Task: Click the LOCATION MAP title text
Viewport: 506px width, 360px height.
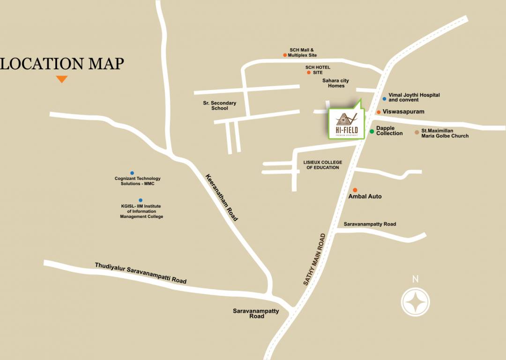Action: pyautogui.click(x=62, y=63)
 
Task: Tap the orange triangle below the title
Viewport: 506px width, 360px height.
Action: pyautogui.click(x=62, y=79)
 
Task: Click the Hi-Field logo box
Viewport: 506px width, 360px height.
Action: pyautogui.click(x=346, y=123)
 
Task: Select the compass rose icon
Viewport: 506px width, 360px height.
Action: pyautogui.click(x=416, y=302)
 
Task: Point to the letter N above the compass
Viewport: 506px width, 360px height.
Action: pyautogui.click(x=415, y=279)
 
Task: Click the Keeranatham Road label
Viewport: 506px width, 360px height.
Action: pyautogui.click(x=222, y=197)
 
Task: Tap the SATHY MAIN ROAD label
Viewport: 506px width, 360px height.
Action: pyautogui.click(x=314, y=259)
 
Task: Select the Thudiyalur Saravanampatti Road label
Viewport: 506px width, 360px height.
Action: pyautogui.click(x=141, y=273)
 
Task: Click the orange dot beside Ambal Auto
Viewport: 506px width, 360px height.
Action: pyautogui.click(x=355, y=190)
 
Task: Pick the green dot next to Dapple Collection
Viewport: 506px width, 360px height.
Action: pyautogui.click(x=372, y=131)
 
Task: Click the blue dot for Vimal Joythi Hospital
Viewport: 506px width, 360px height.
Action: pyautogui.click(x=384, y=99)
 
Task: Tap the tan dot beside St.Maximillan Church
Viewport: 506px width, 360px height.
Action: pyautogui.click(x=417, y=133)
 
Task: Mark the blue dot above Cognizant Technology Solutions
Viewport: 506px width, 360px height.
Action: pyautogui.click(x=132, y=173)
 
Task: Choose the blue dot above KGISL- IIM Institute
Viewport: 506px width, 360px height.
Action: pyautogui.click(x=140, y=200)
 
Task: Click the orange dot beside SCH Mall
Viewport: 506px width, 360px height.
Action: pyautogui.click(x=285, y=55)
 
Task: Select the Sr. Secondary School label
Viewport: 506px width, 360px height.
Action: pyautogui.click(x=219, y=105)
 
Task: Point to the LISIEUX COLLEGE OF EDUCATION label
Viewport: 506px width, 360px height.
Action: pyautogui.click(x=322, y=165)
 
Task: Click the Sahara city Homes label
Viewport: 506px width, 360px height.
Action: pyautogui.click(x=336, y=83)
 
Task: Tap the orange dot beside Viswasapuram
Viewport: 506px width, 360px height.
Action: pyautogui.click(x=379, y=112)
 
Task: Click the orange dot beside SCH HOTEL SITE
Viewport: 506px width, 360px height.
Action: pyautogui.click(x=308, y=72)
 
